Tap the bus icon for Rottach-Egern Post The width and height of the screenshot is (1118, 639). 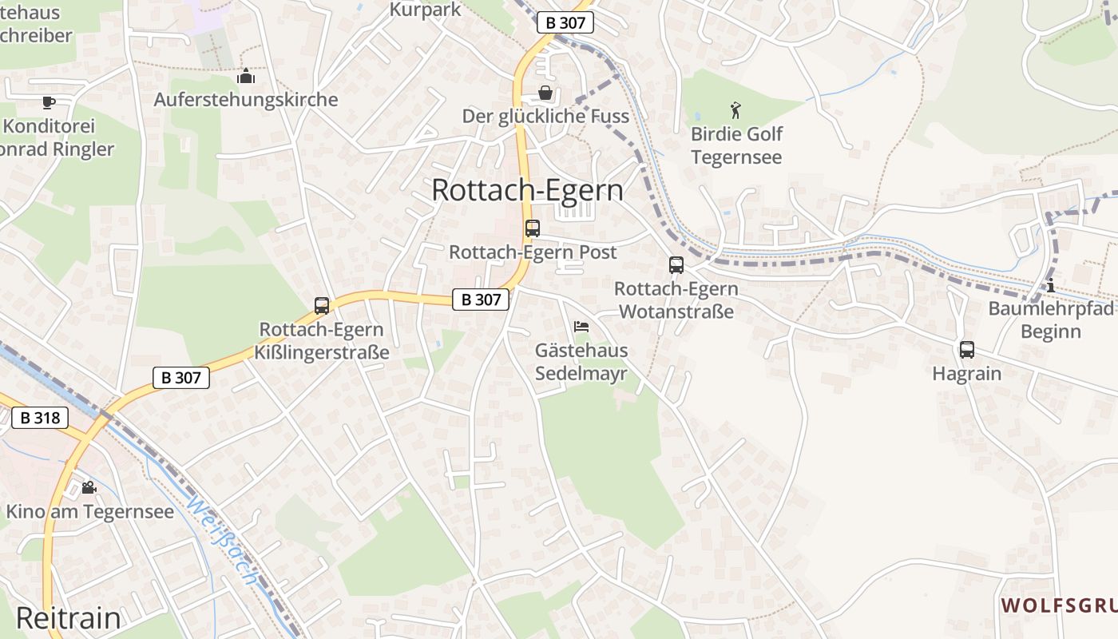pyautogui.click(x=533, y=228)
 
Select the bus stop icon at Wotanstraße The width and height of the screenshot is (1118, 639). pyautogui.click(x=676, y=265)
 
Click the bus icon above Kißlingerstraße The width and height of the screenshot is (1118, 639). pyautogui.click(x=322, y=305)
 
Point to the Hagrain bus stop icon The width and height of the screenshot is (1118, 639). pyautogui.click(x=966, y=349)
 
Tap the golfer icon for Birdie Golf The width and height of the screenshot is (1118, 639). pyautogui.click(x=735, y=110)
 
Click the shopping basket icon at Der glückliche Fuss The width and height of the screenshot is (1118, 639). pyautogui.click(x=545, y=93)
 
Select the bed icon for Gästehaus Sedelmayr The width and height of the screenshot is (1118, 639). pyautogui.click(x=581, y=327)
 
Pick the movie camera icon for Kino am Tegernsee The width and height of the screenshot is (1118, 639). pyautogui.click(x=89, y=487)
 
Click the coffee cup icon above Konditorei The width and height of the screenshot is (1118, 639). pyautogui.click(x=48, y=102)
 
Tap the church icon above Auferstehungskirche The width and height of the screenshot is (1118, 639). pyautogui.click(x=246, y=77)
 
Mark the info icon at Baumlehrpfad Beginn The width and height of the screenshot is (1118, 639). pyautogui.click(x=1051, y=286)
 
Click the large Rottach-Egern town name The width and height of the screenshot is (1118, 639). pyautogui.click(x=527, y=190)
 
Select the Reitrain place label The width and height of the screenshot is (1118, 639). pyautogui.click(x=68, y=618)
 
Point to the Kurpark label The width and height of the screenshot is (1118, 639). pyautogui.click(x=425, y=10)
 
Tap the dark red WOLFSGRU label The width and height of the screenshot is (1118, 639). pyautogui.click(x=1059, y=605)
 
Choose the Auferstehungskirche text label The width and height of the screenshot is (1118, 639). pyautogui.click(x=246, y=100)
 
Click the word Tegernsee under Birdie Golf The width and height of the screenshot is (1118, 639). pyautogui.click(x=736, y=157)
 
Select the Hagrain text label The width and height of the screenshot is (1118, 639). pyautogui.click(x=966, y=373)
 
